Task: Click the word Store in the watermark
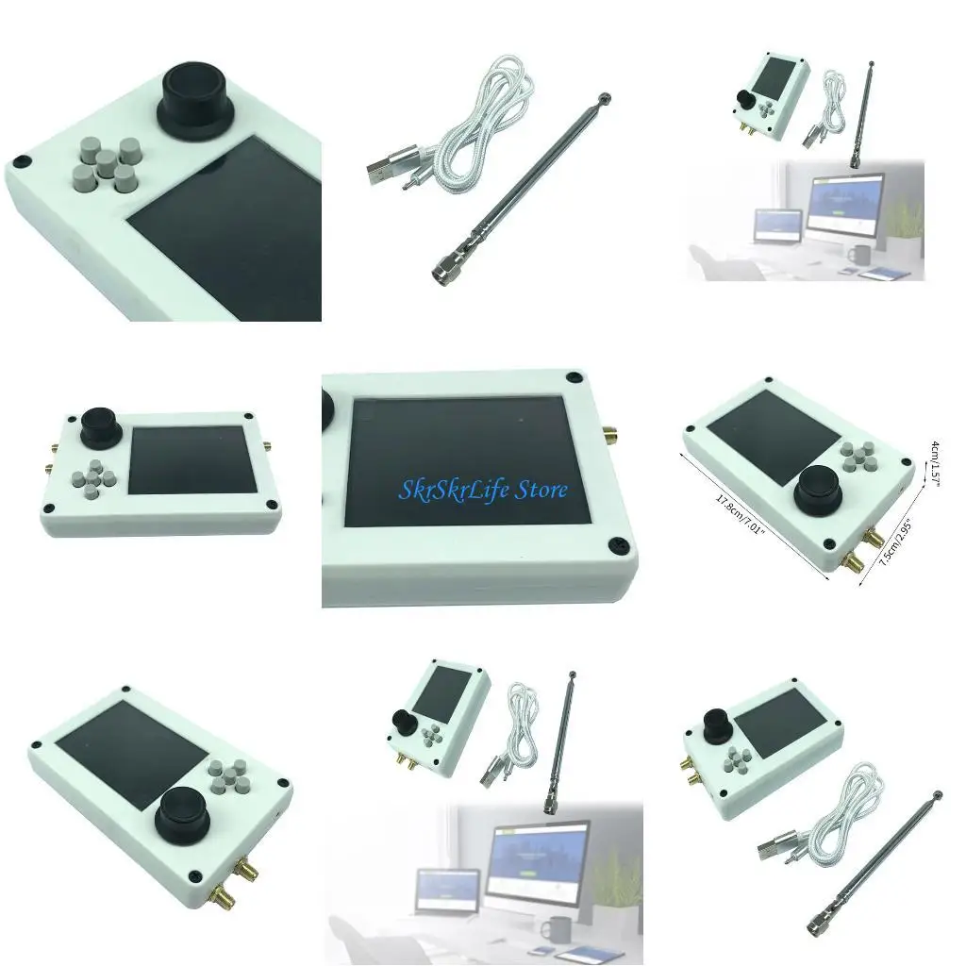coord(541,490)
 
